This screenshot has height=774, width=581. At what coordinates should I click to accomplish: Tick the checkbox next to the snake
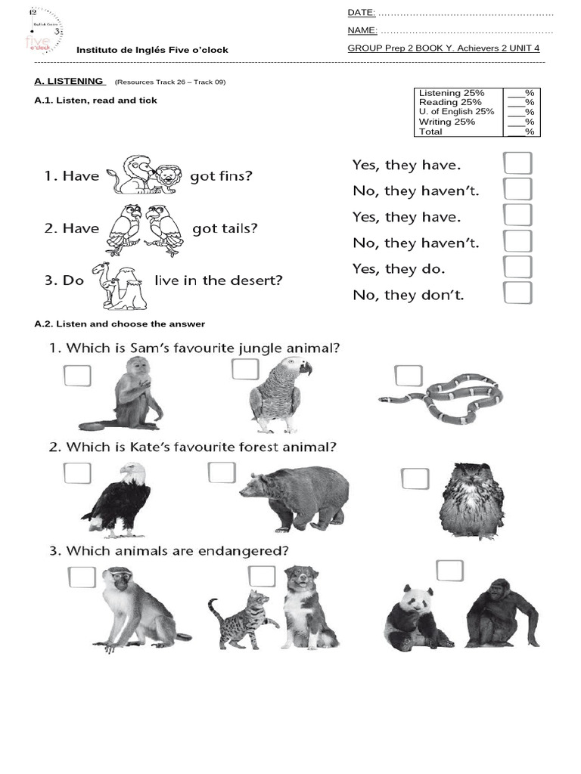[408, 376]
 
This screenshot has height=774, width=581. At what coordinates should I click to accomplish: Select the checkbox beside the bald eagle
[77, 473]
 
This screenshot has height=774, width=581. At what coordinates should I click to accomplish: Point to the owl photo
[471, 501]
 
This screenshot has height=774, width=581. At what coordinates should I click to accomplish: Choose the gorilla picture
[499, 613]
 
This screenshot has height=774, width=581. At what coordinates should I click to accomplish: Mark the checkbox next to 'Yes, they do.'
[517, 268]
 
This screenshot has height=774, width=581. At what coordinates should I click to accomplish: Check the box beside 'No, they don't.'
[517, 293]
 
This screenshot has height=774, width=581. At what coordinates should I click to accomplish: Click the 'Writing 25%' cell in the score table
[447, 122]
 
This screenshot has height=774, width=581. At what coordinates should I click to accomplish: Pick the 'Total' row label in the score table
[430, 132]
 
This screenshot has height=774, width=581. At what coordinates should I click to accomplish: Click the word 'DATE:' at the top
[361, 14]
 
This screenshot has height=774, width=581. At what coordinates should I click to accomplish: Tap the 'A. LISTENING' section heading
[69, 81]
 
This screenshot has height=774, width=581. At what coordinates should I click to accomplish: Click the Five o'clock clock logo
[44, 32]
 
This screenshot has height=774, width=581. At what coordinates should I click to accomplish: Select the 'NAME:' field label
[362, 31]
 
